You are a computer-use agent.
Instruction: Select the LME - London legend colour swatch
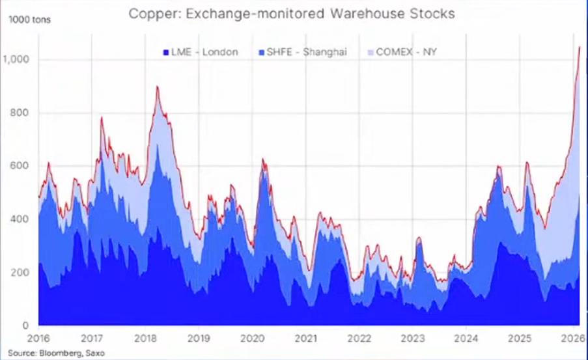tap(165, 51)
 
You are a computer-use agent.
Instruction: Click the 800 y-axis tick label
tap(20, 113)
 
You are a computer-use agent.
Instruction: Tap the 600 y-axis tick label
tap(20, 166)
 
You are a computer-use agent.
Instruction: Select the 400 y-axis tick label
tap(20, 219)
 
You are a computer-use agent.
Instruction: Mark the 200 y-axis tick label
tap(20, 272)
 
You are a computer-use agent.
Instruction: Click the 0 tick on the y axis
tap(25, 325)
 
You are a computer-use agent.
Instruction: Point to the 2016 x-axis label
tap(38, 339)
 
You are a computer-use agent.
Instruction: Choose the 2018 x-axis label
tap(145, 339)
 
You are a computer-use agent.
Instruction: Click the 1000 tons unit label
tap(28, 19)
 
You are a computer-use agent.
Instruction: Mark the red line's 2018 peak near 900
tap(157, 87)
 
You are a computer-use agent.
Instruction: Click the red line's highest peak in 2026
tap(579, 46)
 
